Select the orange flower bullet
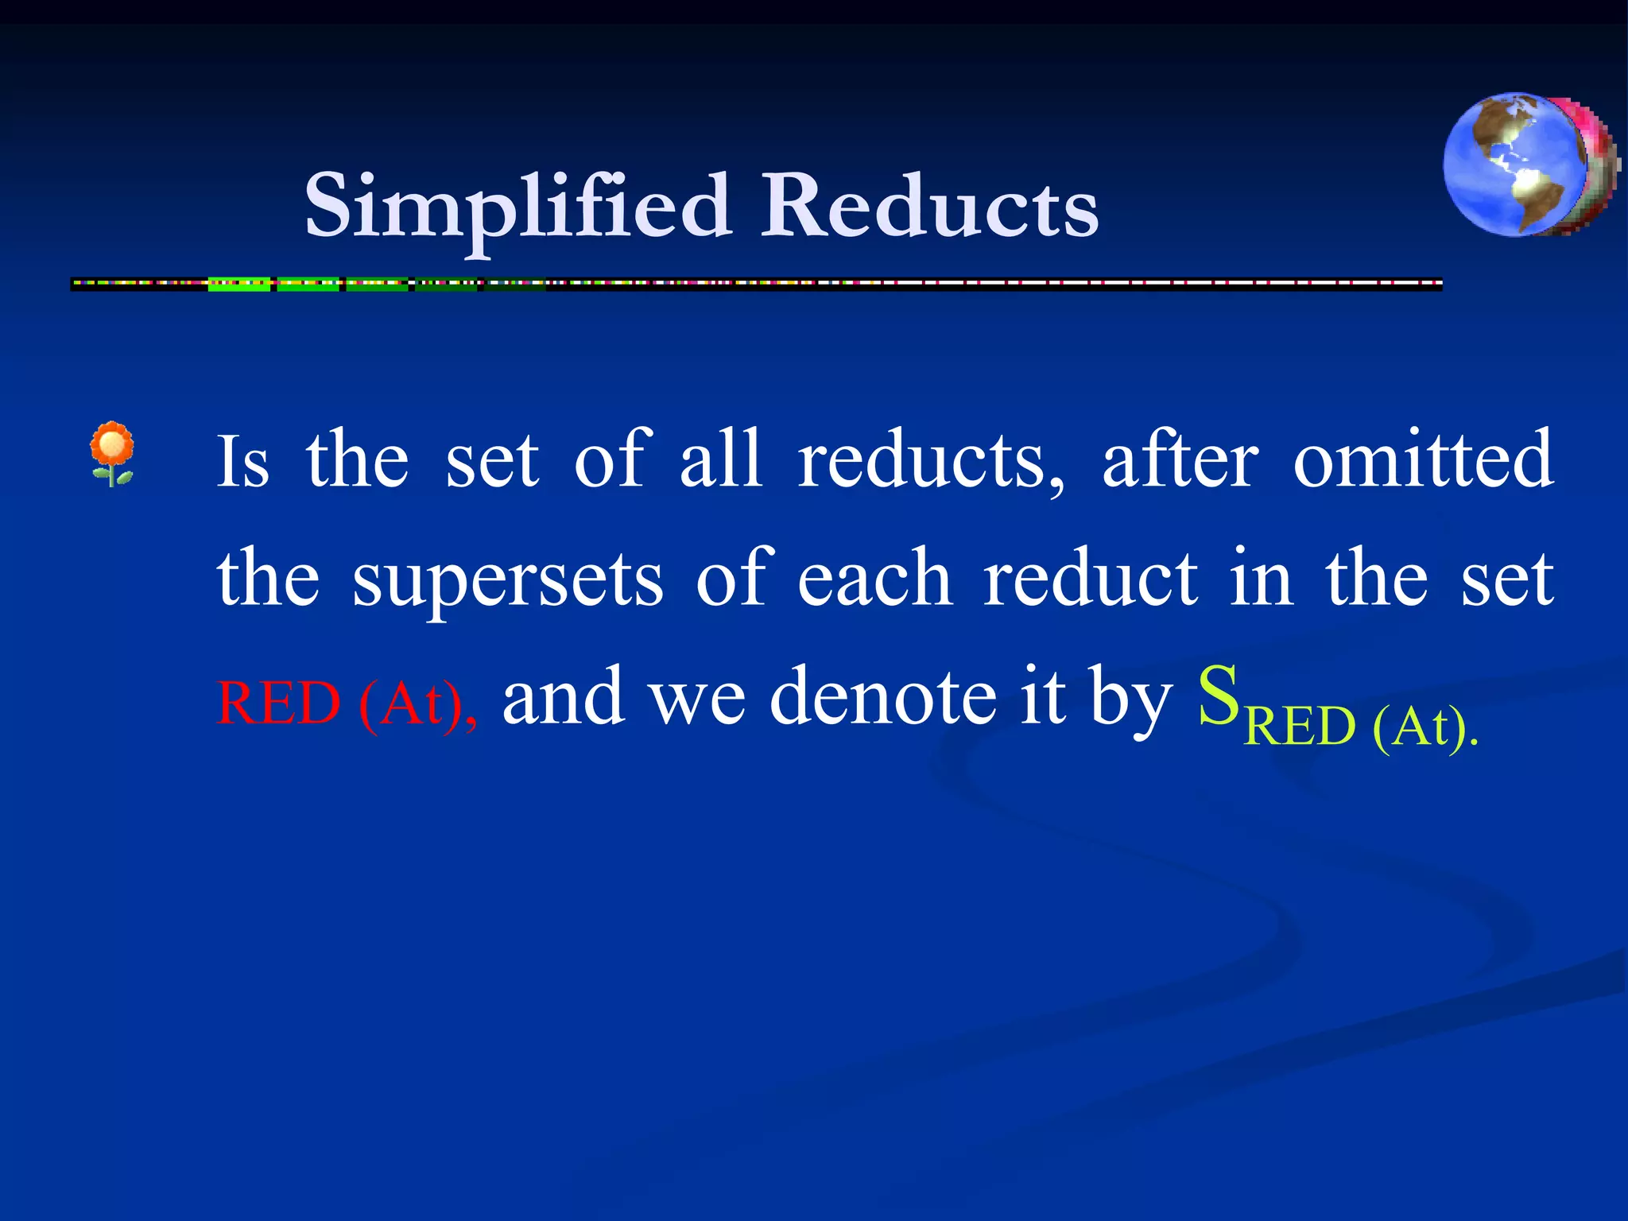tap(112, 453)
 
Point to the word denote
tap(882, 698)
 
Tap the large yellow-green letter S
tap(1218, 696)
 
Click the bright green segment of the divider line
tap(239, 284)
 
